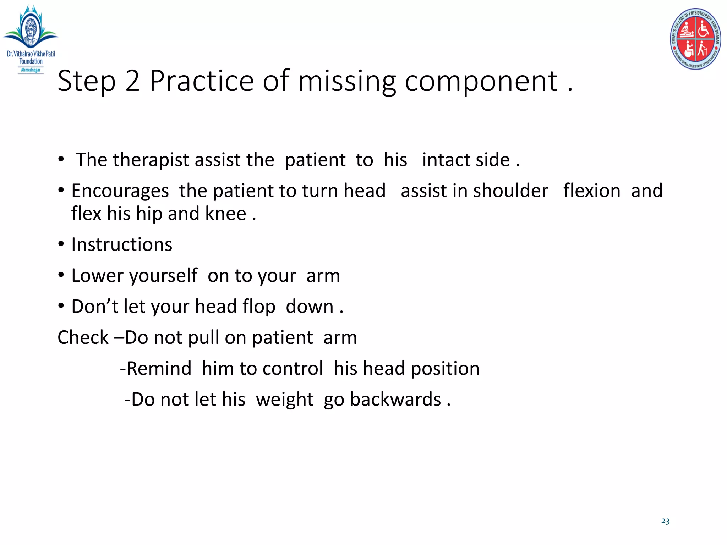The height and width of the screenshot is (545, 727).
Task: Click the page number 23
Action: [665, 521]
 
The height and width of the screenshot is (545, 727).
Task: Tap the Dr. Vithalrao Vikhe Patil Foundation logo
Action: [31, 38]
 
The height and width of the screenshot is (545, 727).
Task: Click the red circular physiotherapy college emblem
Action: [695, 39]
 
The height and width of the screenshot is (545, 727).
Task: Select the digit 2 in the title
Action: [132, 81]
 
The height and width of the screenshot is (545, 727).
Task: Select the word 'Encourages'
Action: [120, 191]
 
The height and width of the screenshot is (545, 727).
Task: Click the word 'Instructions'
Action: [122, 245]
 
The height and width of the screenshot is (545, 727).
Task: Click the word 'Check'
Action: [83, 337]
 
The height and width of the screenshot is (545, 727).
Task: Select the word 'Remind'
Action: [159, 369]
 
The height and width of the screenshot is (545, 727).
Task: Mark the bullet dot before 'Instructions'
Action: [61, 244]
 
